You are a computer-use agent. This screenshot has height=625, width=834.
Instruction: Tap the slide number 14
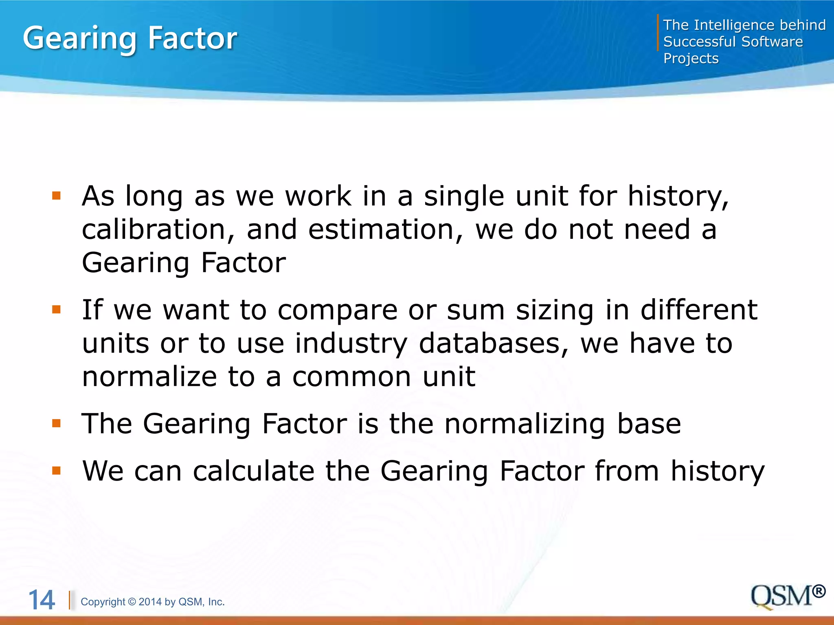tap(42, 600)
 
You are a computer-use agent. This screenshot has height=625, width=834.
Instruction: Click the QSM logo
tap(781, 597)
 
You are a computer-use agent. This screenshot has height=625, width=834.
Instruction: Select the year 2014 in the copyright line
tap(151, 602)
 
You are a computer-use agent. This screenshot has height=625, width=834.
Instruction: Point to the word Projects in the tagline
tap(691, 59)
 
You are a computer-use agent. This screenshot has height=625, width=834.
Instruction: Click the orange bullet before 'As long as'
tap(56, 197)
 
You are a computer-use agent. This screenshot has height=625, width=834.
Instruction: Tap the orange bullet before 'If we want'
tap(56, 310)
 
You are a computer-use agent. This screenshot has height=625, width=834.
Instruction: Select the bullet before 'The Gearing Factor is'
tap(56, 424)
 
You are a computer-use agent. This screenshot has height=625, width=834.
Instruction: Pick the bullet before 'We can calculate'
tap(56, 471)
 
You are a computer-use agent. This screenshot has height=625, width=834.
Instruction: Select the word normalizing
tap(524, 424)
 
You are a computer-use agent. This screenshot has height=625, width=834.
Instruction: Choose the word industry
tap(351, 344)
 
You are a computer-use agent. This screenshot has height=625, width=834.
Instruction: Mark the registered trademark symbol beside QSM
tap(819, 591)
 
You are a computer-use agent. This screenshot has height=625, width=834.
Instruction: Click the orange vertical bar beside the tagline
tap(658, 33)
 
